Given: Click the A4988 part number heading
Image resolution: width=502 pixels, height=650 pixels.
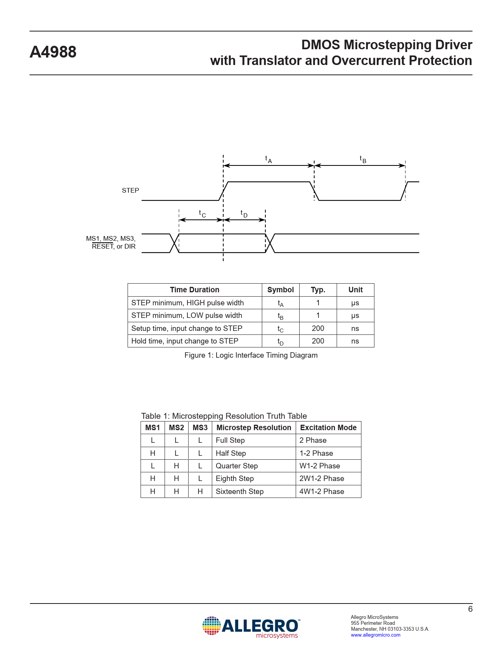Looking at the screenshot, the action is coord(53,52).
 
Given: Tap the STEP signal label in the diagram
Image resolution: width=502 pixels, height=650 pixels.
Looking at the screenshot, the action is coord(130,191).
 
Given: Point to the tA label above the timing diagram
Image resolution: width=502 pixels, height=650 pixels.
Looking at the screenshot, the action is coord(269,160).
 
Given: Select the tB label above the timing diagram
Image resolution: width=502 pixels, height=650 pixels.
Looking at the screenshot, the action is coord(363,160).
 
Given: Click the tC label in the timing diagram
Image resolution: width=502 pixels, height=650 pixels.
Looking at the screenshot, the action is coord(202,214).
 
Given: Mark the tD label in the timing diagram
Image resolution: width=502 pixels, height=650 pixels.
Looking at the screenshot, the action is coord(244,214).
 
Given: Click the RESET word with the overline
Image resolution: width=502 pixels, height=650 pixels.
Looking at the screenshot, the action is coord(102,246).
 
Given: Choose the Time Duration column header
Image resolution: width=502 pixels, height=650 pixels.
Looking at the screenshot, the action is coord(195,290).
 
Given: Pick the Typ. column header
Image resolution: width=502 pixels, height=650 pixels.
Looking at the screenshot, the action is coord(318,290).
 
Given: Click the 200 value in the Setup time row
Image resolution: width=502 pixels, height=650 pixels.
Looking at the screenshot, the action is coord(318,328).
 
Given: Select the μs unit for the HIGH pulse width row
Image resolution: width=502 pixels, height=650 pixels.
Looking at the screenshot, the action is coord(355,303).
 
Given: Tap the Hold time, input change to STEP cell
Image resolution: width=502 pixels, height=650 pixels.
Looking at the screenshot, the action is coord(185,341).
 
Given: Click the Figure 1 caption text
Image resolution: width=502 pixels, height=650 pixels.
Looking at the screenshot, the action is coord(251,355).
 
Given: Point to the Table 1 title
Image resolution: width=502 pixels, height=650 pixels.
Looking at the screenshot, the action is coord(224,416).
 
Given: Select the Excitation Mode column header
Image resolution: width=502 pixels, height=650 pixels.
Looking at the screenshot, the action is coord(328,427).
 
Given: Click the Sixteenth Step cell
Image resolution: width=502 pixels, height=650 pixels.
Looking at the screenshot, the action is coord(240,492).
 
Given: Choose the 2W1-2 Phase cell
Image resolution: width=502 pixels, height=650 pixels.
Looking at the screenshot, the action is coord(322,478).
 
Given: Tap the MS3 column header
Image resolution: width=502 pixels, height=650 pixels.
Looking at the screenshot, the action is coord(200,427).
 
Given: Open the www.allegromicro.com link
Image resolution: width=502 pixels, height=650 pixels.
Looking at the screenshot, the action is coord(376,635).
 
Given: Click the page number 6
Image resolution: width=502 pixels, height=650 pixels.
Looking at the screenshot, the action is coord(470,609).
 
